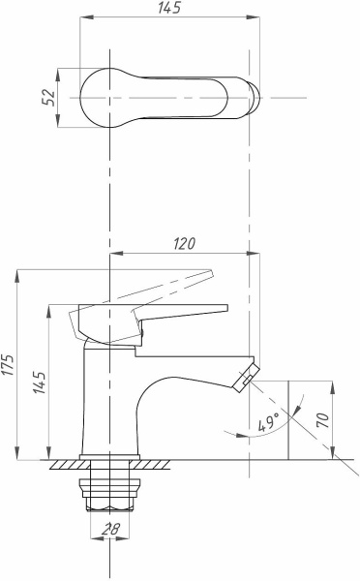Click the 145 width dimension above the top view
click(x=169, y=8)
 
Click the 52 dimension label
click(x=48, y=98)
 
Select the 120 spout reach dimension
click(x=184, y=244)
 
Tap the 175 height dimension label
click(x=8, y=365)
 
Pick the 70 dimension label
click(x=322, y=420)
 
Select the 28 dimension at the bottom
click(x=110, y=529)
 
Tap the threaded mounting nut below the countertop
click(x=110, y=494)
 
